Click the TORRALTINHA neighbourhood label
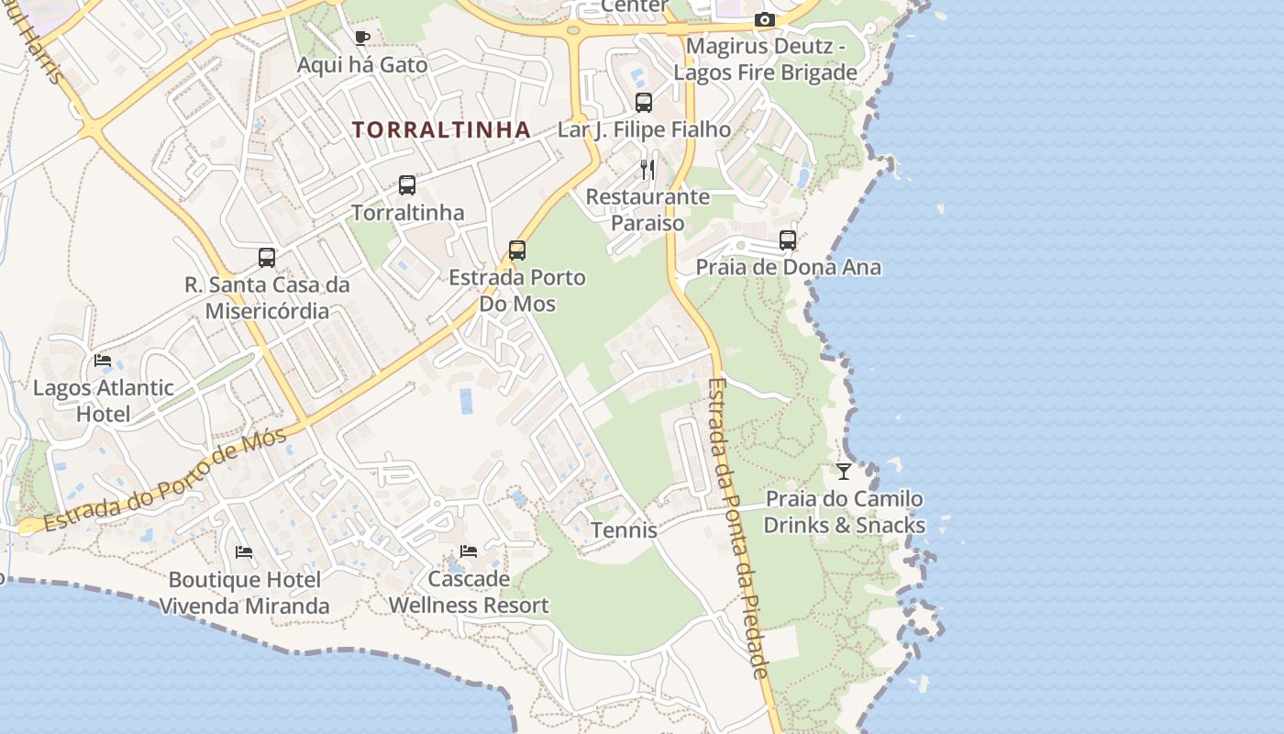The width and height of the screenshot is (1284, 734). click(441, 130)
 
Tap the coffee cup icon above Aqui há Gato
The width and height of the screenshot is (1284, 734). click(361, 38)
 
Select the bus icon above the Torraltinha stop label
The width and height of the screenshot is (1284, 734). click(407, 185)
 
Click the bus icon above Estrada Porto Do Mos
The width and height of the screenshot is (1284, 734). click(517, 250)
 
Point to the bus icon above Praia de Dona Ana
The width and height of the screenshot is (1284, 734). click(787, 240)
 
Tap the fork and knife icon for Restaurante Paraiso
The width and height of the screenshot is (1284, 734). click(648, 169)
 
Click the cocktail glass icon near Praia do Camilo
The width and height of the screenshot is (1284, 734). click(844, 472)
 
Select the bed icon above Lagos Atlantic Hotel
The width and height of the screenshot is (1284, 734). click(103, 361)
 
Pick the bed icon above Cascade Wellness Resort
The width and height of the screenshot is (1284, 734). click(469, 551)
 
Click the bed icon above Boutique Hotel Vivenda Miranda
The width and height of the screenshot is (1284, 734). click(244, 552)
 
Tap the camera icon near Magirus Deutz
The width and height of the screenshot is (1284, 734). click(764, 19)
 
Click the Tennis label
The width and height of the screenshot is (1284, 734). click(624, 530)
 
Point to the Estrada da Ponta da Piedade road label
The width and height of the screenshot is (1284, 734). click(738, 528)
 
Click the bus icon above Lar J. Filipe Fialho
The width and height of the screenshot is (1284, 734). click(644, 103)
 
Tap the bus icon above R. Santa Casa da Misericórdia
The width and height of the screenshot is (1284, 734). click(267, 258)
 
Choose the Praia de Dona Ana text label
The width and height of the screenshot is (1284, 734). click(789, 268)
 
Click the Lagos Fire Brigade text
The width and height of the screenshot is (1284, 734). click(765, 72)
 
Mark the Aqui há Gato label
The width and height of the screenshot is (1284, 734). click(362, 65)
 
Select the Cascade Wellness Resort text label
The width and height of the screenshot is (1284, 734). click(469, 593)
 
